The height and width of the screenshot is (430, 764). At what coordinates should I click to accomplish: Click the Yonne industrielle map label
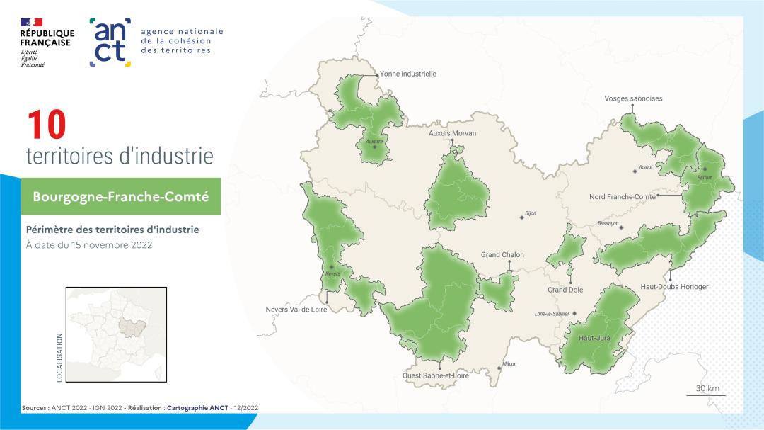click(x=408, y=74)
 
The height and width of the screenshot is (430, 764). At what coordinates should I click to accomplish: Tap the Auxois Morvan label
click(x=453, y=133)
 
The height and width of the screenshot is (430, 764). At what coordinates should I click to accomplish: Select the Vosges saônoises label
click(x=633, y=98)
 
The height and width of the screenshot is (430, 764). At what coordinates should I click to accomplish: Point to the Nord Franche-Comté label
click(x=622, y=197)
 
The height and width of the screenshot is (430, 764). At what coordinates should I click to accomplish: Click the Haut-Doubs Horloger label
click(x=673, y=287)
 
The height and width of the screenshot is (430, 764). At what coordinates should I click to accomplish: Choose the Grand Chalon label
click(x=502, y=255)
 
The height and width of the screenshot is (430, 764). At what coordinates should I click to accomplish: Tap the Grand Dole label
click(x=565, y=290)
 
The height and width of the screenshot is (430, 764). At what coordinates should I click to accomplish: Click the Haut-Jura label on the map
click(x=594, y=338)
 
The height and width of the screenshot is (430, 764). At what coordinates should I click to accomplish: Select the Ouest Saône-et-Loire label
click(x=436, y=376)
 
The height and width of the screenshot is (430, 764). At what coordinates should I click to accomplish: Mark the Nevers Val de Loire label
click(x=296, y=310)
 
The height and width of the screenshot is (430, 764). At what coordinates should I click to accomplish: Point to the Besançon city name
click(x=608, y=223)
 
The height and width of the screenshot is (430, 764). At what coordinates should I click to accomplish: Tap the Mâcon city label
click(x=509, y=364)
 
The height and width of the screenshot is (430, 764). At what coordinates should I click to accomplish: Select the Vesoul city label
click(x=644, y=167)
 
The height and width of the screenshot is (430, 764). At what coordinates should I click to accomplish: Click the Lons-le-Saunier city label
click(x=552, y=313)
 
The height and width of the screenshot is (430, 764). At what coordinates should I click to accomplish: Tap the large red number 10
click(x=46, y=125)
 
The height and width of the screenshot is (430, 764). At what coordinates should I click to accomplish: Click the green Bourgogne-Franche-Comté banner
click(x=120, y=196)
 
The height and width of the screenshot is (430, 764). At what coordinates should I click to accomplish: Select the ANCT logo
click(x=110, y=42)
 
